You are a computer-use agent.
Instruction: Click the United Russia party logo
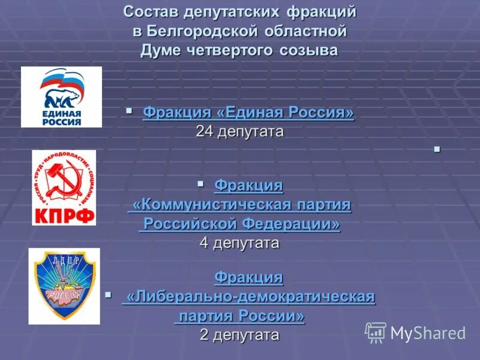(61, 97)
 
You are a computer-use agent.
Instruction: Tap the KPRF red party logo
(64, 188)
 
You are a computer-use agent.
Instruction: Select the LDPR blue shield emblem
(64, 286)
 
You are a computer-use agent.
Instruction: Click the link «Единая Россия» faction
(248, 113)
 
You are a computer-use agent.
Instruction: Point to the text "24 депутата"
(239, 131)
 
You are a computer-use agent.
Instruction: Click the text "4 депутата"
(239, 243)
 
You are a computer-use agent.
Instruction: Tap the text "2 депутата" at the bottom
(239, 334)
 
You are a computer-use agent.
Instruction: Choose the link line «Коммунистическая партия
(239, 205)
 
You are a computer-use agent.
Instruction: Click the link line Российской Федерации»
(239, 224)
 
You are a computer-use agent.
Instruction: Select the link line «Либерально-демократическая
(248, 296)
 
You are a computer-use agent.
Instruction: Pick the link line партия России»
(239, 316)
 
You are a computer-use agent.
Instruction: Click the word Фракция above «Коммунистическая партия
(248, 186)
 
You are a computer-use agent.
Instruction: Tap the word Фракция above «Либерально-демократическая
(248, 277)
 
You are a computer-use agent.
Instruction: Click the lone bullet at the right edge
(436, 148)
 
